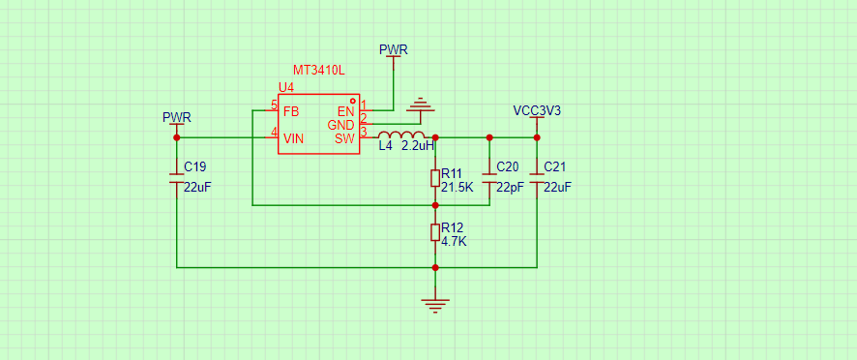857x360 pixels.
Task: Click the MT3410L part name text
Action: [x=319, y=71]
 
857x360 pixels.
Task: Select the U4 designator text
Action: [x=286, y=87]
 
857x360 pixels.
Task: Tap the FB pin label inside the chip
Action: [x=291, y=111]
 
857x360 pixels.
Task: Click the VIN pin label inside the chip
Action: [x=293, y=138]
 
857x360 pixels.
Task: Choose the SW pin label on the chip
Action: [x=345, y=138]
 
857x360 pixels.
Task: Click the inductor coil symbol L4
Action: [x=401, y=135]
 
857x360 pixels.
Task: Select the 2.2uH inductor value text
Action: [x=418, y=147]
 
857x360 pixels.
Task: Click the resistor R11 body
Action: [x=435, y=178]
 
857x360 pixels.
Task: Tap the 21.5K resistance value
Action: [x=457, y=187]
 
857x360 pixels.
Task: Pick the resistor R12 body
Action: [x=435, y=232]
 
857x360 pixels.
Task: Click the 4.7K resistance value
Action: [x=454, y=241]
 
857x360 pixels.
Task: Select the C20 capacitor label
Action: [x=508, y=166]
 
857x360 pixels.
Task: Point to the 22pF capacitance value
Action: [x=510, y=187]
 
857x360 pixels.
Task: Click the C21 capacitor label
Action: [x=555, y=166]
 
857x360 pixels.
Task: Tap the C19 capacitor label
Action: [x=195, y=166]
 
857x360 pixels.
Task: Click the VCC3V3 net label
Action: [x=537, y=110]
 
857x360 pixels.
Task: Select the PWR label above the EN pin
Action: [x=394, y=49]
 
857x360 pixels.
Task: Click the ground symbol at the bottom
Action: [x=435, y=305]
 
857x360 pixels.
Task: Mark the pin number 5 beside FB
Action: [x=275, y=105]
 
